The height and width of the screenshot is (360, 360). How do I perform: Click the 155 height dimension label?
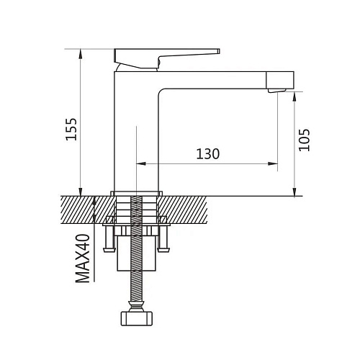pyautogui.click(x=71, y=129)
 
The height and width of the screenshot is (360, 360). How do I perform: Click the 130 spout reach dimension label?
pyautogui.click(x=208, y=154)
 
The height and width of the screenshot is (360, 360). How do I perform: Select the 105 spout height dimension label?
pyautogui.click(x=305, y=140)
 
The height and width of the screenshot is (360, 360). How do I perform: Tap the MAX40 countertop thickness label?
pyautogui.click(x=83, y=258)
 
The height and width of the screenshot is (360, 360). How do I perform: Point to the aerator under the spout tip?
pyautogui.click(x=276, y=90)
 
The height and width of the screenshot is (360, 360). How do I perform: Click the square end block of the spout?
pyautogui.click(x=280, y=80)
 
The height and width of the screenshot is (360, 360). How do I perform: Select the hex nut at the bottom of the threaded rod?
pyautogui.click(x=137, y=318)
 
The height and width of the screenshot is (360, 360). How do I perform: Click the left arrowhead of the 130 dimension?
pyautogui.click(x=141, y=163)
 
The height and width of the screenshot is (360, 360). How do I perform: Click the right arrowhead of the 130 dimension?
pyautogui.click(x=273, y=163)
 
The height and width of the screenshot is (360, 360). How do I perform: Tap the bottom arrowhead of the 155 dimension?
pyautogui.click(x=81, y=192)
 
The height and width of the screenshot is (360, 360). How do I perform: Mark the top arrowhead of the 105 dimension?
pyautogui.click(x=294, y=96)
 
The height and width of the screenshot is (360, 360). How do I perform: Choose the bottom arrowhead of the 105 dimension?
pyautogui.click(x=294, y=192)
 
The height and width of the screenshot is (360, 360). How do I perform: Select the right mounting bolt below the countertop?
pyautogui.click(x=164, y=239)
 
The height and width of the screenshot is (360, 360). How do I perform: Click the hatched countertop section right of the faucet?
pyautogui.click(x=183, y=210)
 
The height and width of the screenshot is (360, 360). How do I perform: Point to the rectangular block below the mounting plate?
pyautogui.click(x=137, y=253)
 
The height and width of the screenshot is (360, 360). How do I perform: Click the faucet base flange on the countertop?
pyautogui.click(x=137, y=194)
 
